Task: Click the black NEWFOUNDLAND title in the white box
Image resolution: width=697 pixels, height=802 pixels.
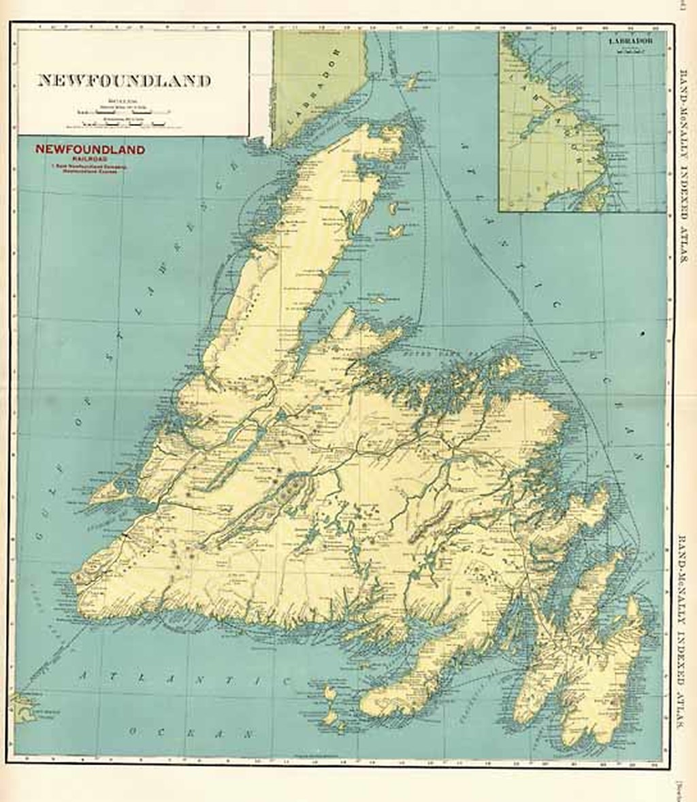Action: click(x=123, y=80)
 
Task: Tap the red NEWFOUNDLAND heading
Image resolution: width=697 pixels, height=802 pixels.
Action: click(x=91, y=150)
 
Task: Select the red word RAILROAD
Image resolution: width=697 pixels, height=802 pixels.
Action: click(x=91, y=160)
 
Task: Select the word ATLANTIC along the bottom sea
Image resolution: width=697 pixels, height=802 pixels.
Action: click(x=184, y=678)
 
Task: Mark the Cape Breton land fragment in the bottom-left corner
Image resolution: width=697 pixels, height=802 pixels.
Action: click(x=25, y=708)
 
